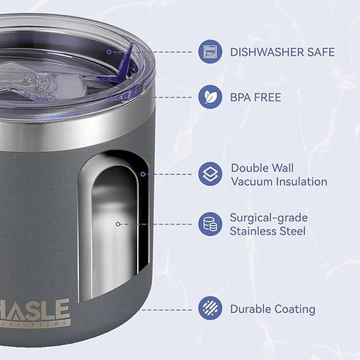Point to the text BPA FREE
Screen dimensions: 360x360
click(255, 98)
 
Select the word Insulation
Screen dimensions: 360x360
click(301, 182)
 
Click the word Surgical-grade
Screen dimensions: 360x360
click(268, 218)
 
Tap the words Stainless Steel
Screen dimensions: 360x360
click(268, 231)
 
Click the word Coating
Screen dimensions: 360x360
click(294, 309)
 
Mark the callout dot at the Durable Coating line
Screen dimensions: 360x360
click(106, 309)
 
